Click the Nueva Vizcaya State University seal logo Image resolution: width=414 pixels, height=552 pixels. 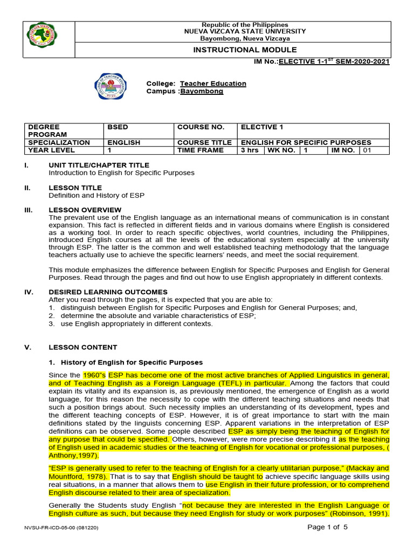(x=43, y=35)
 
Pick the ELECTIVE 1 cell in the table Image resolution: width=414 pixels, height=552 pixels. (x=262, y=127)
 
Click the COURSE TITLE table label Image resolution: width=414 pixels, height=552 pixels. (x=200, y=142)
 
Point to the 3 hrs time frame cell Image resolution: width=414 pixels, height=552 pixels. (x=250, y=150)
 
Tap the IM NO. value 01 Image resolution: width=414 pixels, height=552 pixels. (x=367, y=150)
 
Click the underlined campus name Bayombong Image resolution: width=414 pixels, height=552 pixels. (x=201, y=92)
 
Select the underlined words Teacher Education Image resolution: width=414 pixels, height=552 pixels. (x=213, y=84)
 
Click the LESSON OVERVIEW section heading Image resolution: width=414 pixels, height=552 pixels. (x=85, y=210)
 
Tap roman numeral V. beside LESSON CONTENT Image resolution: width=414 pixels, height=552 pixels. (x=28, y=347)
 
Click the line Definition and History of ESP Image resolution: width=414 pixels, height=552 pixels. (x=96, y=195)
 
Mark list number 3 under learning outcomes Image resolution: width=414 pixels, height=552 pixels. (x=51, y=324)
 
